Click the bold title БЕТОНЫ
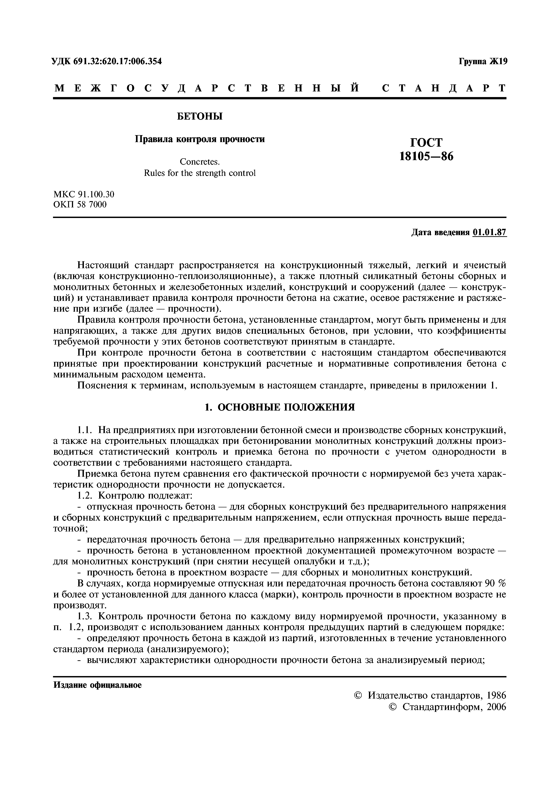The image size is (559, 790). pyautogui.click(x=200, y=117)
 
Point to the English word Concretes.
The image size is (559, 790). pyautogui.click(x=200, y=162)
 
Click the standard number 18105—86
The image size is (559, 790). pyautogui.click(x=426, y=157)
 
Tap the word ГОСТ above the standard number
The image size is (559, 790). pyautogui.click(x=426, y=143)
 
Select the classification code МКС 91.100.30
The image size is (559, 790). pyautogui.click(x=84, y=194)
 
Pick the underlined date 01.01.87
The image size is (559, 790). pyautogui.click(x=490, y=233)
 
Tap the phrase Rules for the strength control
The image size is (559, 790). pyautogui.click(x=200, y=173)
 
